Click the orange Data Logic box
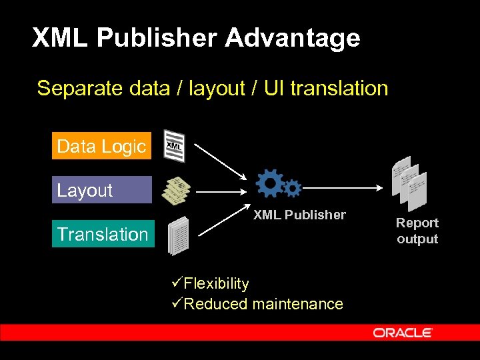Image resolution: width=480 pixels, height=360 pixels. pos(101,146)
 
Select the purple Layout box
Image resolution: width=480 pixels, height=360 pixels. pos(101,190)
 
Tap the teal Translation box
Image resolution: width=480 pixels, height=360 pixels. pos(103,234)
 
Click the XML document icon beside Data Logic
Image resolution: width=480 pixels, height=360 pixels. pos(175,145)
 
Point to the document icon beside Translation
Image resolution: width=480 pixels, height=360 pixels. pos(179,235)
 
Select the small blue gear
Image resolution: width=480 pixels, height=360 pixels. pos(293,189)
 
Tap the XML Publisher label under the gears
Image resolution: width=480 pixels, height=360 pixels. pos(299,215)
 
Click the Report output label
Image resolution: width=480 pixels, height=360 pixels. pos(417,231)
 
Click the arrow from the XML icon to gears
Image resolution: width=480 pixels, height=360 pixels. pos(223,160)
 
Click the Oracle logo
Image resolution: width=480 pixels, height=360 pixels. pos(403,333)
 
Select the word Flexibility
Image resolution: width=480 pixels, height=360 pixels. pos(216,283)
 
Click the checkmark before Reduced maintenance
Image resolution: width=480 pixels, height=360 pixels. pos(176,303)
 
